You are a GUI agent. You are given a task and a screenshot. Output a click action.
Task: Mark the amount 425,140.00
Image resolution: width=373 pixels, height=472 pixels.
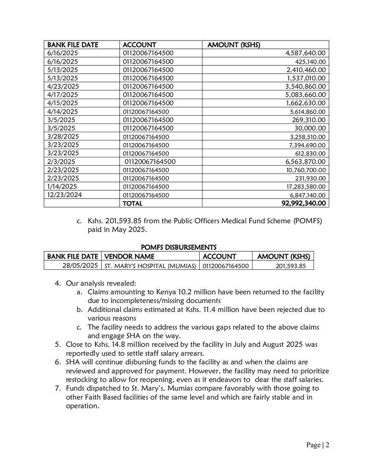(310, 61)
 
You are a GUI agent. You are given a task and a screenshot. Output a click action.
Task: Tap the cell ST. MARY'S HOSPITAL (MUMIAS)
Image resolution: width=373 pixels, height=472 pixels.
(150, 266)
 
